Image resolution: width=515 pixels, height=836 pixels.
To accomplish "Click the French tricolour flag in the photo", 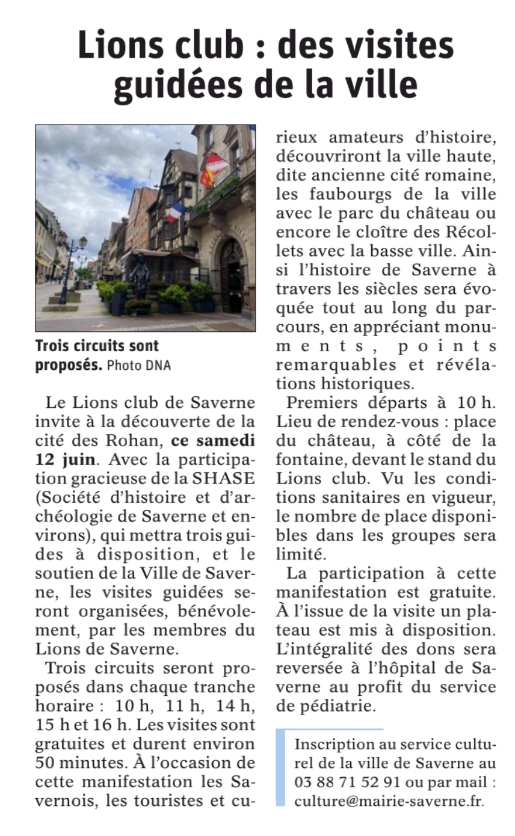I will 176,212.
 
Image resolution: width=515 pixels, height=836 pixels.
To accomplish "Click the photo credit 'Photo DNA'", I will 138,366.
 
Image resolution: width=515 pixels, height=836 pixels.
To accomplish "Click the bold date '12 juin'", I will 65,459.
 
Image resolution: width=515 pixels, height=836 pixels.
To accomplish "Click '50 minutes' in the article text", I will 73,763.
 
